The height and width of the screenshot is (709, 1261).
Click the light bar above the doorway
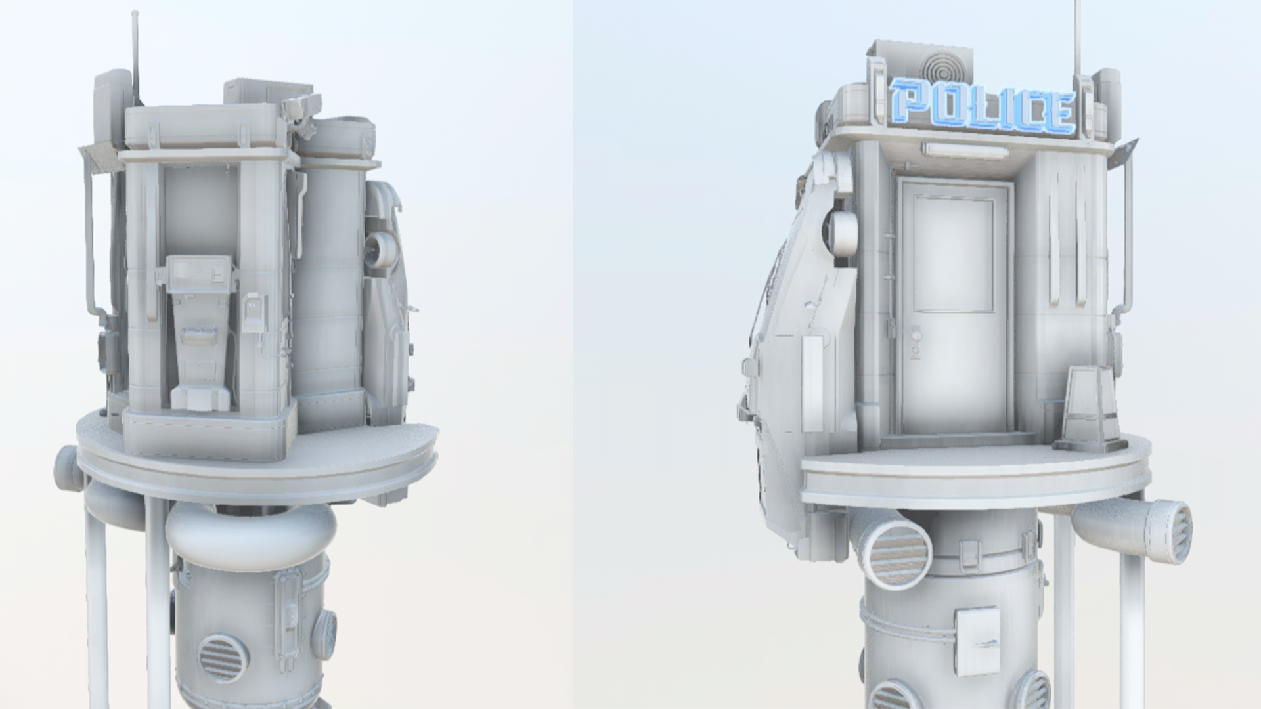click(x=965, y=150)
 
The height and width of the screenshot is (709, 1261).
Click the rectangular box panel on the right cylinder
click(x=978, y=641)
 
